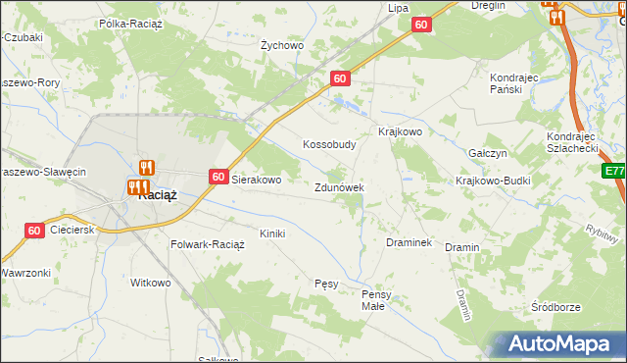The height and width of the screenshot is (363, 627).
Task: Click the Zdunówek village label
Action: (339, 187)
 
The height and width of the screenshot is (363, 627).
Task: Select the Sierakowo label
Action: (256, 181)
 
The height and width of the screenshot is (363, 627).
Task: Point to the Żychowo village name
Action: (282, 45)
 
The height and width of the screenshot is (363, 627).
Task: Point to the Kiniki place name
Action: (271, 233)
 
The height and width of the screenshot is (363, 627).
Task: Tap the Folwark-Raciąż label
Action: (208, 244)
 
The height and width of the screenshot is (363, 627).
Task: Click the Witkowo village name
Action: (151, 283)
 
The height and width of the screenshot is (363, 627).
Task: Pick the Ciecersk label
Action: (74, 230)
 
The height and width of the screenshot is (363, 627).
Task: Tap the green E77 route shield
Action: (614, 172)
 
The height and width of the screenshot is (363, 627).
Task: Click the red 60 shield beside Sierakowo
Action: (218, 177)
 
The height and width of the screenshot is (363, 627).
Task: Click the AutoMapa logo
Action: (563, 343)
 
